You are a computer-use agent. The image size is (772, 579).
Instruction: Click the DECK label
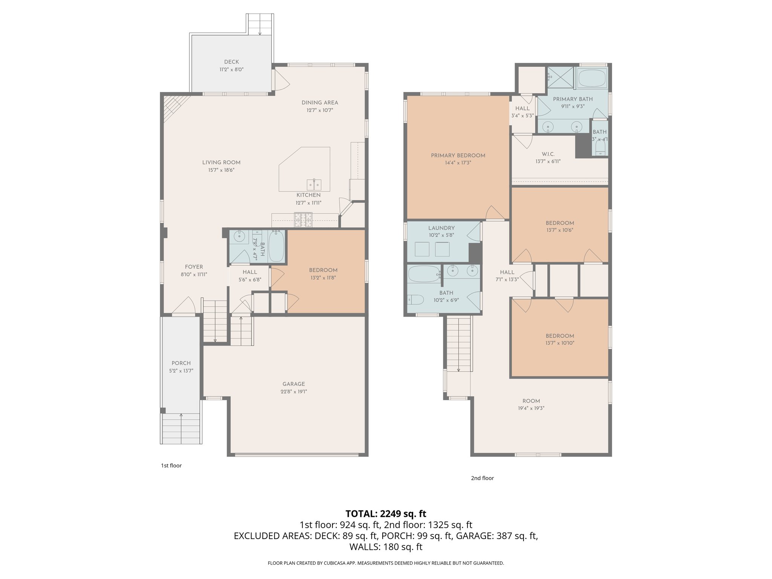pos(231,62)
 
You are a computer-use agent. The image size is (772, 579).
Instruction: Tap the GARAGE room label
pos(294,384)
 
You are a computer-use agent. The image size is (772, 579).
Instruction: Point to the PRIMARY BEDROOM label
pos(458,155)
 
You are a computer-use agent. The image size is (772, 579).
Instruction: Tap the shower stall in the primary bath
pos(560,78)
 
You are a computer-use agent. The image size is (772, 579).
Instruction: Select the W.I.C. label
pos(548,154)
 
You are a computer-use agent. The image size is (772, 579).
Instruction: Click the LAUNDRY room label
pos(441,228)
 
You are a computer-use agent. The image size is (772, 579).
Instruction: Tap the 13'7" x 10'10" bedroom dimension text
pos(560,343)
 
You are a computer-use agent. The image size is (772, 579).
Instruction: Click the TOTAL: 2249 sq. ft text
pos(386,513)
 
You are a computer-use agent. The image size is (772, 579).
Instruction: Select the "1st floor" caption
pos(171,466)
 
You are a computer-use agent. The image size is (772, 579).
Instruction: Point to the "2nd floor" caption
pos(482,478)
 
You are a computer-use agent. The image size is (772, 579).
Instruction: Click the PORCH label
pos(181,363)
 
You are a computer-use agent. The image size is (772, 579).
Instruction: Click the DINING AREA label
pos(320,103)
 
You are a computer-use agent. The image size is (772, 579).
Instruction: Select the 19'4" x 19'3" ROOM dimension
pos(531,408)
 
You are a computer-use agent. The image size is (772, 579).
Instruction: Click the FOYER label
pos(194,267)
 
